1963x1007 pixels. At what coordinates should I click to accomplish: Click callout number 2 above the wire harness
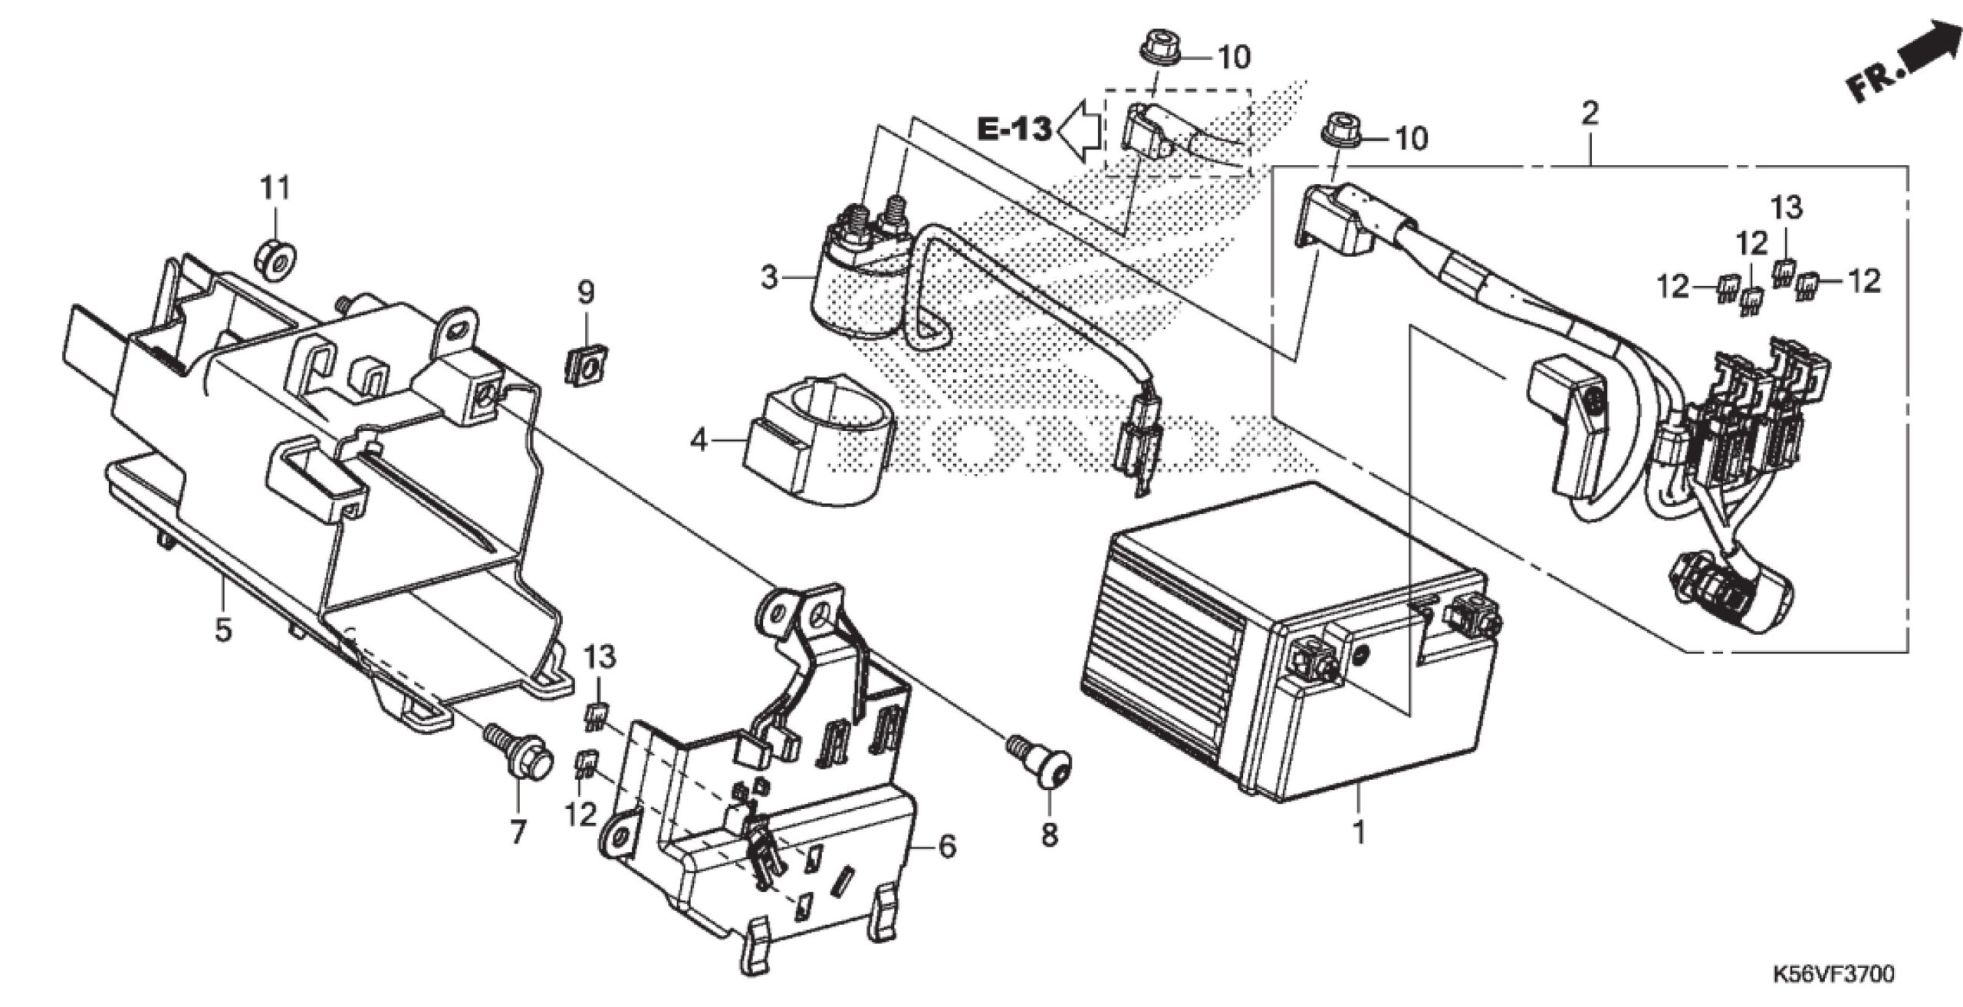pos(1590,114)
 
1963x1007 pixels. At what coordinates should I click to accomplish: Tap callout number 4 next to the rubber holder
pos(699,440)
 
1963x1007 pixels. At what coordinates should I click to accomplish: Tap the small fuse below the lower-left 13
pos(599,716)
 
